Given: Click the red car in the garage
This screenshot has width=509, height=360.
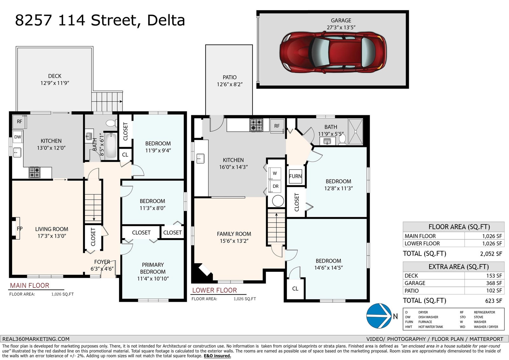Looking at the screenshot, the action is pyautogui.click(x=333, y=53).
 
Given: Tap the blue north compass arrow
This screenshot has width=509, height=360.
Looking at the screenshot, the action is pyautogui.click(x=379, y=316).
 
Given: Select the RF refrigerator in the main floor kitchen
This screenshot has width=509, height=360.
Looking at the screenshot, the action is pyautogui.click(x=19, y=122).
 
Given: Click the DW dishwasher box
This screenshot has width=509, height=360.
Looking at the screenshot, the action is pyautogui.click(x=18, y=137).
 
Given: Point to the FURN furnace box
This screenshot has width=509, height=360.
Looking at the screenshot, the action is pyautogui.click(x=296, y=176).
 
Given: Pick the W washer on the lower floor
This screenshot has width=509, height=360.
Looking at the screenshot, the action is pyautogui.click(x=275, y=173).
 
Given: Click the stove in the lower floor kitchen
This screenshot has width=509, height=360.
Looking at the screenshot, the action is pyautogui.click(x=256, y=125).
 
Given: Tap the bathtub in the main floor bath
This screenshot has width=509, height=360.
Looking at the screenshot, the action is pyautogui.click(x=111, y=145).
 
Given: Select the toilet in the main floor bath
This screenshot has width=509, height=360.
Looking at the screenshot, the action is pyautogui.click(x=111, y=123).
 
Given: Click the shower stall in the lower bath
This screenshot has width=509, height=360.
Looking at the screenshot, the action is pyautogui.click(x=355, y=131).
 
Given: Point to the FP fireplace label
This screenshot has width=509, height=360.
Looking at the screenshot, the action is pyautogui.click(x=19, y=229).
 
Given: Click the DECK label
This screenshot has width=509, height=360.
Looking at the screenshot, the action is pyautogui.click(x=55, y=76).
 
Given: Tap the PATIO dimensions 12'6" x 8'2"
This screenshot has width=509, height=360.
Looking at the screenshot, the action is pyautogui.click(x=230, y=84).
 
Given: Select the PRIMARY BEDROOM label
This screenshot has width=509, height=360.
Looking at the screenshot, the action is pyautogui.click(x=153, y=268).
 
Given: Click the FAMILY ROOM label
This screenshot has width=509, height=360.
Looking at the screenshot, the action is pyautogui.click(x=234, y=234).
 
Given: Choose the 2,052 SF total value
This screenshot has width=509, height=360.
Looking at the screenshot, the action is pyautogui.click(x=491, y=254).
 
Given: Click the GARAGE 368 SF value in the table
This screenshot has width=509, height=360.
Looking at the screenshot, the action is pyautogui.click(x=494, y=283).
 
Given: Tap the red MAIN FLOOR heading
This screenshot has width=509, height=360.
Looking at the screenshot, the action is pyautogui.click(x=30, y=286).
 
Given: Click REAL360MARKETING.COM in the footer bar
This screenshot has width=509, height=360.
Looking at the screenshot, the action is pyautogui.click(x=36, y=339).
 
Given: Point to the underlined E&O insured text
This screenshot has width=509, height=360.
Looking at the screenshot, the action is pyautogui.click(x=217, y=356).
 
